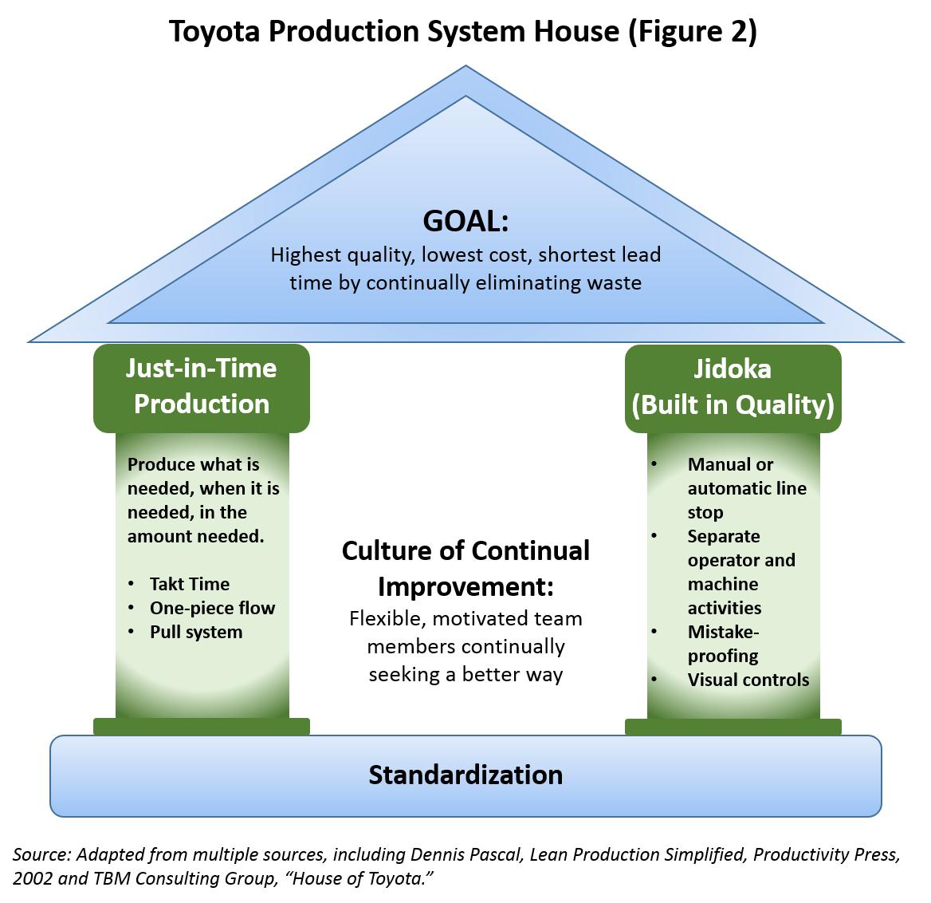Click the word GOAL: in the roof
[x=465, y=221]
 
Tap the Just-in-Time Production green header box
[x=202, y=387]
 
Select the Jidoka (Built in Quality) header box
[x=733, y=388]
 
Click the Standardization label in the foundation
[x=465, y=775]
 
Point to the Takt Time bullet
[x=190, y=584]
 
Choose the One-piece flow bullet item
[x=212, y=608]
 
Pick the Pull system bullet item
[x=196, y=632]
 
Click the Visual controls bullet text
[x=748, y=680]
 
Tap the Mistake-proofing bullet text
[x=723, y=644]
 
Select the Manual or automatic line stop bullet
[x=746, y=488]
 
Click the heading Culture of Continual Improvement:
[x=465, y=568]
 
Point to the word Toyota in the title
[x=214, y=32]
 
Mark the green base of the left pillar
[x=201, y=726]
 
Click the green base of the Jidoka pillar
[x=733, y=727]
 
